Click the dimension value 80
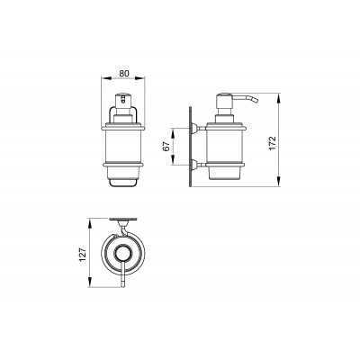124,73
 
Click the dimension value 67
166,146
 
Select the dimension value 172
272,143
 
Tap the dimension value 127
83,254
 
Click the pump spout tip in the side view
256,100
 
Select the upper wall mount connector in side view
198,129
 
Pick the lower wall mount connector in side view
198,164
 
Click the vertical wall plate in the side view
190,147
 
